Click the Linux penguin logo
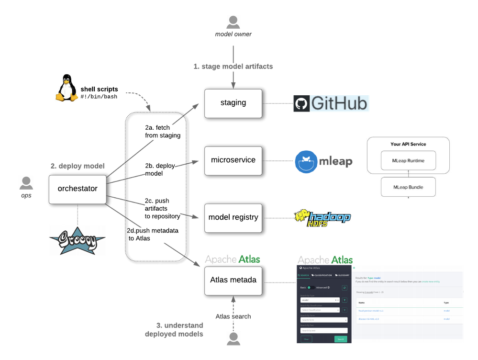coord(66,88)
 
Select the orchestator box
coord(78,189)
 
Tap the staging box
coord(233,103)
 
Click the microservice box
coord(233,160)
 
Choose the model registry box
coord(233,217)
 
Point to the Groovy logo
coord(77,240)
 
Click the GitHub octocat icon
coord(301,103)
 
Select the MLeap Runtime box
coord(408,160)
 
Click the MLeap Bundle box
coord(408,187)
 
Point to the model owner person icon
coord(233,22)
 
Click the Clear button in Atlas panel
coord(306,339)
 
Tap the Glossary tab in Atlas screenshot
coord(343,275)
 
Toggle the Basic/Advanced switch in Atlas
coord(311,288)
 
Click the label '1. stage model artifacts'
coord(233,67)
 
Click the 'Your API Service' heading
coord(408,144)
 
